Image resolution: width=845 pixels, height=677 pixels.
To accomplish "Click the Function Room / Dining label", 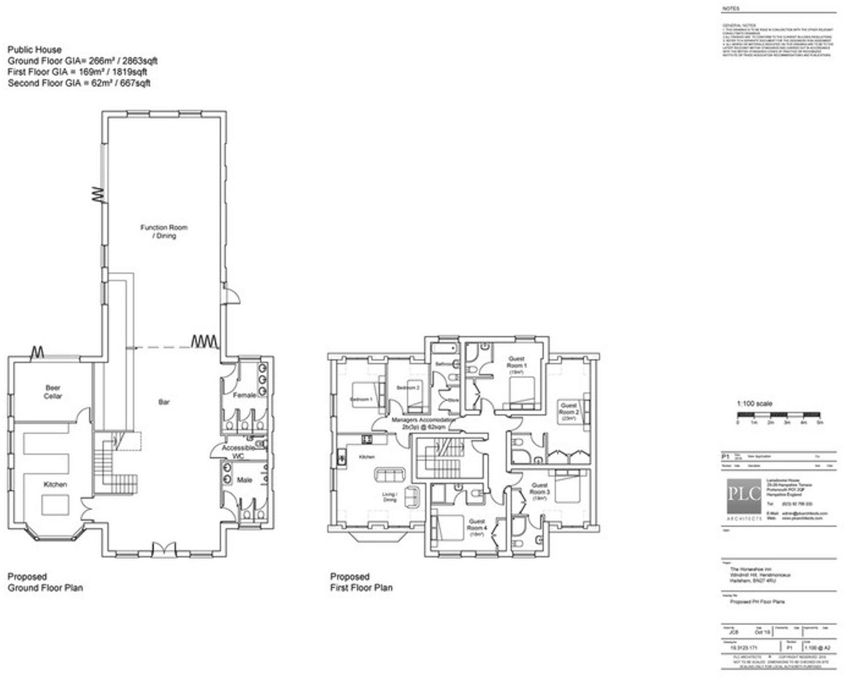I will [x=164, y=231].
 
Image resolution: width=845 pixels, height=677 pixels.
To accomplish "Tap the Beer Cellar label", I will [x=53, y=392].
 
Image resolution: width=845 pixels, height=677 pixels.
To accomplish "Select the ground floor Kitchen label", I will [x=55, y=484].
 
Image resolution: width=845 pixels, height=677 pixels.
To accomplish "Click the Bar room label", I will [x=164, y=402].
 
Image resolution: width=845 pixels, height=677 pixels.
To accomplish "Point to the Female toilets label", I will [x=244, y=395].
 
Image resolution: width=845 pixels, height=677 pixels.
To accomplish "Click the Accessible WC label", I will [x=238, y=451].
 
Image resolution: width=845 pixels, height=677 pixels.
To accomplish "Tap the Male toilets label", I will [x=245, y=480].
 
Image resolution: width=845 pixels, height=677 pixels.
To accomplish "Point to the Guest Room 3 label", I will [x=539, y=489].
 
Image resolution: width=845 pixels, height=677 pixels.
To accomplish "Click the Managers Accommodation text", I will [x=422, y=423].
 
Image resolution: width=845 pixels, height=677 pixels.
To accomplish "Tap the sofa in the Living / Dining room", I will [x=390, y=474].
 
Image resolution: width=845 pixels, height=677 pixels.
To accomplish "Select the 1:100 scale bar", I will [x=779, y=415].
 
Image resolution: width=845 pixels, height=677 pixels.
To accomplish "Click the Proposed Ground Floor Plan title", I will [x=45, y=582].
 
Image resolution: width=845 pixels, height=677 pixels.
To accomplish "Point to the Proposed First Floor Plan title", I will [x=361, y=582].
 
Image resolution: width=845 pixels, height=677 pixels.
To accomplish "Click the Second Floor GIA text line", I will [x=79, y=83].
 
